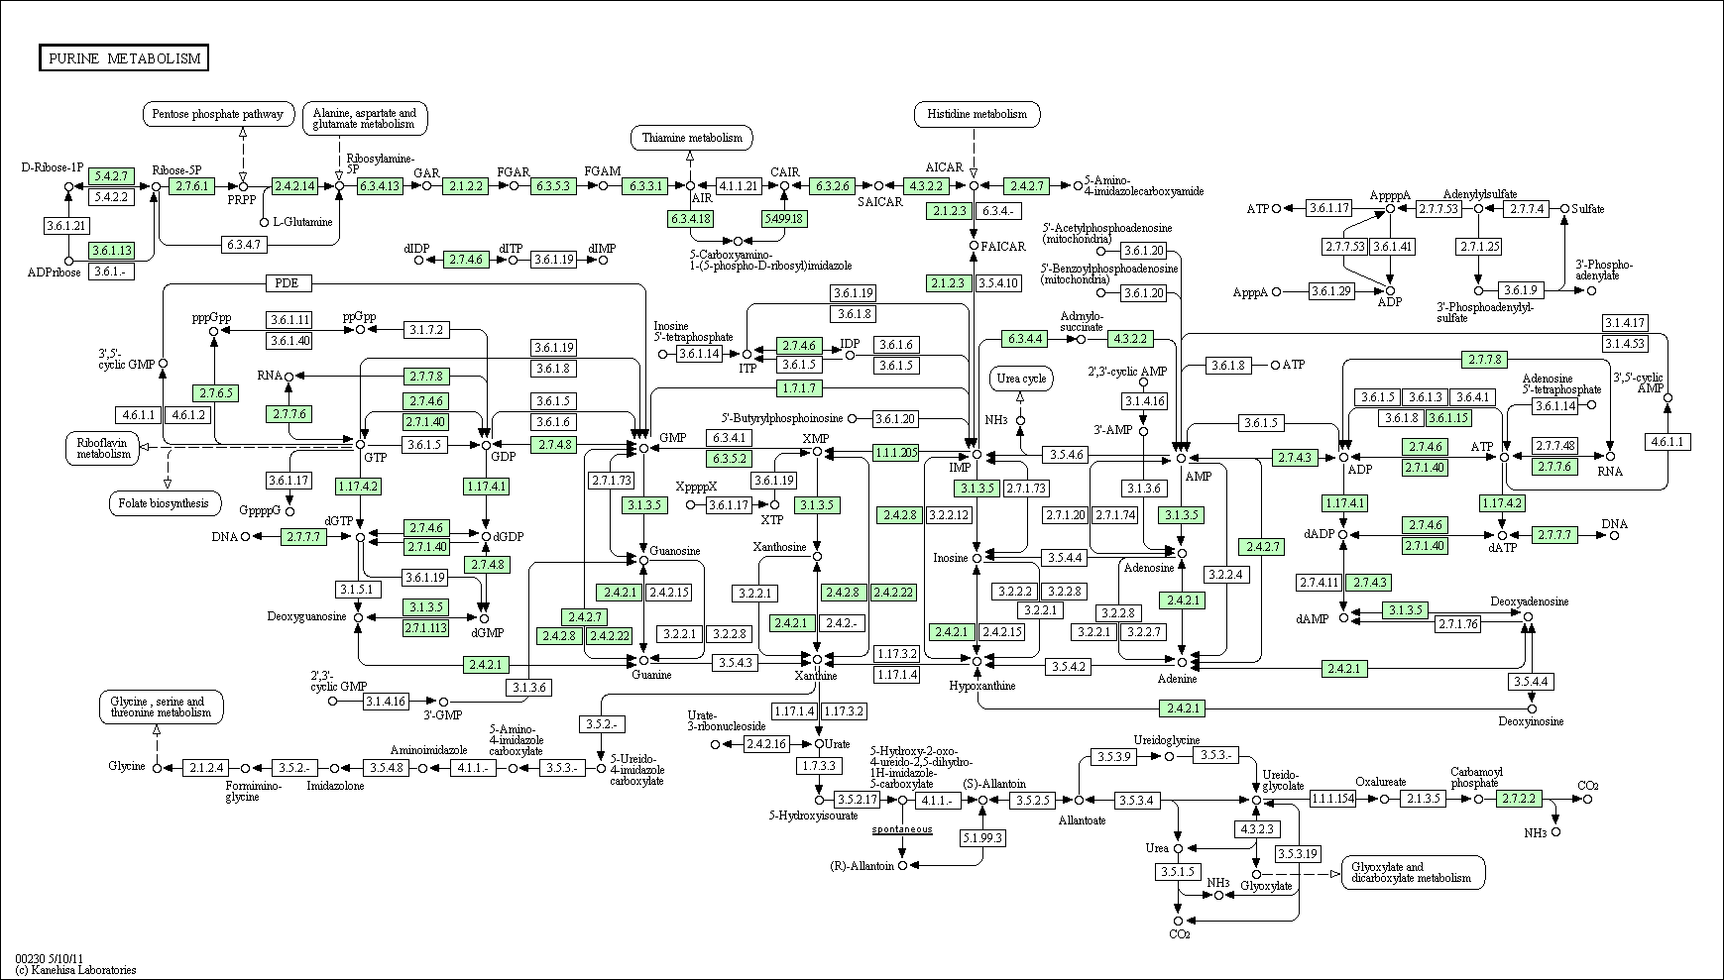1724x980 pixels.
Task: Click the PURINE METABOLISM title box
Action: [124, 58]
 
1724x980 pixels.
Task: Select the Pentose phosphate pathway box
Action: [219, 114]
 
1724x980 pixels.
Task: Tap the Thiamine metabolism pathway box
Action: [691, 138]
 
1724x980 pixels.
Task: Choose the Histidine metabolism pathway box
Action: [977, 114]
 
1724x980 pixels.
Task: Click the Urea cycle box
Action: [1021, 379]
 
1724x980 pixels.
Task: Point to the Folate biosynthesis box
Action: [165, 503]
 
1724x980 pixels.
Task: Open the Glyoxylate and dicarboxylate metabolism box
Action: [1414, 872]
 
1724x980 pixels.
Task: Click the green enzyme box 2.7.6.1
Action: [191, 185]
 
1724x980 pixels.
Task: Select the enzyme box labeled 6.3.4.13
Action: [381, 185]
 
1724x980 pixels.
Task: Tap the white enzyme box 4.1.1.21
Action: [739, 185]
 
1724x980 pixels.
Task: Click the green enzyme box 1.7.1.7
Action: [800, 387]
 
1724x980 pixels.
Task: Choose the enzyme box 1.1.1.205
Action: [896, 452]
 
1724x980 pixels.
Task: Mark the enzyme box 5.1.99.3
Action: [982, 837]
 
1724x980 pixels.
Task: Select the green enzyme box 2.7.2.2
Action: [1519, 799]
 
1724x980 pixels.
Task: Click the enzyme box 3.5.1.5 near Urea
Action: [1178, 872]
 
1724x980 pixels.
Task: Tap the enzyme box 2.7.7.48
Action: [1554, 445]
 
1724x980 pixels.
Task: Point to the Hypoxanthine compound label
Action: [982, 686]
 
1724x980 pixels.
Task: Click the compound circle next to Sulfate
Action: [1564, 209]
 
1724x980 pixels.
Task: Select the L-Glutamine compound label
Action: [302, 222]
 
